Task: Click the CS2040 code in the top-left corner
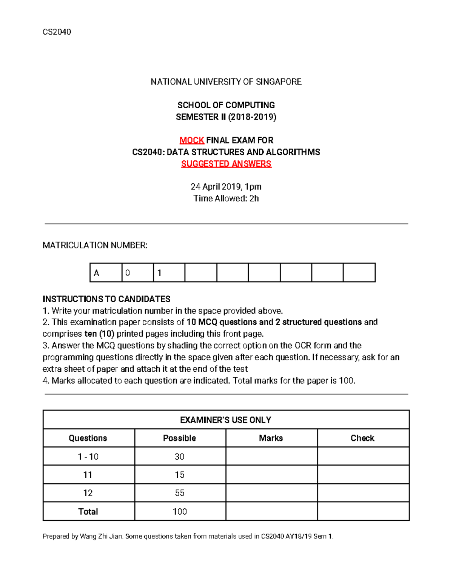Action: coord(57,32)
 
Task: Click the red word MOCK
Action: coord(192,140)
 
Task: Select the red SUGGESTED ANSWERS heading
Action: coord(226,164)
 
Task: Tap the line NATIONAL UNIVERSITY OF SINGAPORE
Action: coord(226,82)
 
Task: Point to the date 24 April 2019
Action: coord(216,187)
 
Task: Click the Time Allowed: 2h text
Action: coord(226,198)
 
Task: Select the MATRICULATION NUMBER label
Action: coord(95,246)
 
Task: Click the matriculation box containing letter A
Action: coord(106,272)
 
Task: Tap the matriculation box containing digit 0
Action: coord(137,272)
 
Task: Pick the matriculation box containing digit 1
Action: coord(169,272)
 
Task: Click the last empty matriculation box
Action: coord(359,272)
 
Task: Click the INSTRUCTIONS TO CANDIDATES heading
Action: coord(106,299)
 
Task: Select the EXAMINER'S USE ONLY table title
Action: coord(226,420)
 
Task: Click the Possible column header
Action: coord(180,438)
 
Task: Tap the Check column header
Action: coord(362,438)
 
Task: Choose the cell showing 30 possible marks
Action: coord(180,457)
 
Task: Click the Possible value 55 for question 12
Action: coord(180,493)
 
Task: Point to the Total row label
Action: coord(88,512)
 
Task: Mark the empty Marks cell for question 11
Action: coord(271,475)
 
